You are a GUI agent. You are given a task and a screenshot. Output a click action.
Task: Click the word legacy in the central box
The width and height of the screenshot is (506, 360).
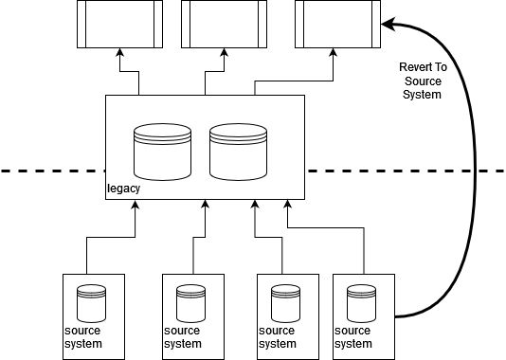[123, 189]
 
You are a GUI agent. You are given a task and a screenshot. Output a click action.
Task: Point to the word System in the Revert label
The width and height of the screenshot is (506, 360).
[423, 95]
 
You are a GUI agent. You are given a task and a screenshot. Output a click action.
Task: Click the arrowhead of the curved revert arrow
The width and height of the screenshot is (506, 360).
[386, 23]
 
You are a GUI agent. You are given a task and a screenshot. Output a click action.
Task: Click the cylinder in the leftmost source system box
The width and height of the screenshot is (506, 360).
[91, 302]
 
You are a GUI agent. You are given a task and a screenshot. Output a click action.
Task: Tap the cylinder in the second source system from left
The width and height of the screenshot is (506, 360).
[190, 302]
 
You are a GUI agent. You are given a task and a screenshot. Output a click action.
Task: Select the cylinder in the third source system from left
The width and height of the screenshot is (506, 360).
[285, 302]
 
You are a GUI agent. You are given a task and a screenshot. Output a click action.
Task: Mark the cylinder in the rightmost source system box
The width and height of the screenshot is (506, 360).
[361, 302]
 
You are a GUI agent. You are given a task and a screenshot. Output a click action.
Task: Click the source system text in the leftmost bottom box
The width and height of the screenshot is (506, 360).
[83, 337]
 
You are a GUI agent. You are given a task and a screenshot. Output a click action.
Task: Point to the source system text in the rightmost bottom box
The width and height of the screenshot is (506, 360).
[353, 337]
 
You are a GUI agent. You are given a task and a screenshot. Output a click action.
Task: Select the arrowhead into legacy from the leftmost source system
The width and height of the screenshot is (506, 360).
[136, 206]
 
